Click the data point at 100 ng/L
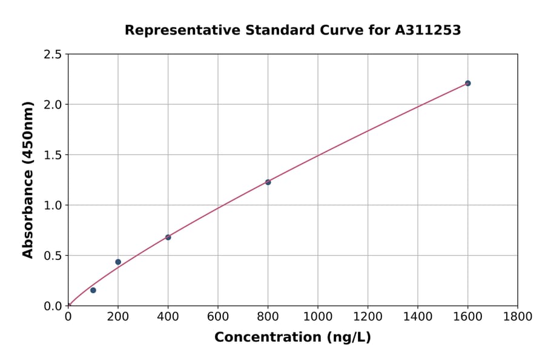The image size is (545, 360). (93, 290)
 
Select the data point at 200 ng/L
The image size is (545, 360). (118, 262)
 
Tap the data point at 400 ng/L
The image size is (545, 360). (168, 237)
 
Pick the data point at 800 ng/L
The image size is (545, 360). (268, 182)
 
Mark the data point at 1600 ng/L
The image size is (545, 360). (467, 83)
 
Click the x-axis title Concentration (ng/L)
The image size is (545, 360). (292, 338)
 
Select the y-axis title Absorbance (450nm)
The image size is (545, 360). (28, 180)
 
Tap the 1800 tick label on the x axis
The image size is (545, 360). (517, 317)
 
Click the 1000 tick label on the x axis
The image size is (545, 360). (317, 317)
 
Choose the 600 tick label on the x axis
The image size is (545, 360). (218, 317)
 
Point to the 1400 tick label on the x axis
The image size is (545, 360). (417, 317)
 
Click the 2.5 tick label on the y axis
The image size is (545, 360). (53, 55)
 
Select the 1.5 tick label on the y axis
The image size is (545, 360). (53, 155)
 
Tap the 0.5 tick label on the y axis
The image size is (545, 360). (53, 256)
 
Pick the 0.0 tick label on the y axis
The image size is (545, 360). (53, 306)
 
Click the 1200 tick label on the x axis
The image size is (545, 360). (368, 317)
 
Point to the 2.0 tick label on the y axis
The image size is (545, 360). (53, 105)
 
